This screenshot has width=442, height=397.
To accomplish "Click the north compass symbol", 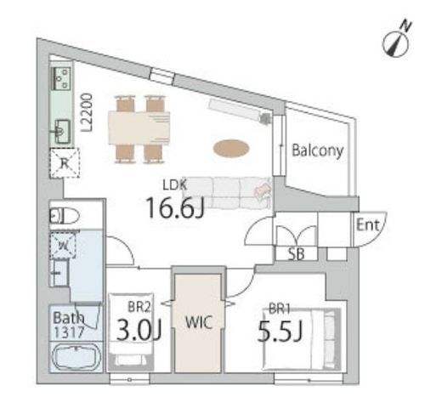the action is pos(396,43).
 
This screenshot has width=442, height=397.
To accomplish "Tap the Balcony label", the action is pos(317,150).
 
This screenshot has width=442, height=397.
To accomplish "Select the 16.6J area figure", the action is pos(175,207).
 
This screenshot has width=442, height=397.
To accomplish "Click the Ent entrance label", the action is pos(367,225).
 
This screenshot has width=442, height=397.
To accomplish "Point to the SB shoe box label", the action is pos(296,254).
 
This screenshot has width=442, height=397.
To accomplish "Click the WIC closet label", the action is pos(199,322).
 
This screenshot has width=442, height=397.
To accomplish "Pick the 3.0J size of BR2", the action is pos(139,330).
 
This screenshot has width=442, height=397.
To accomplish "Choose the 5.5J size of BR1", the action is pos(280,331).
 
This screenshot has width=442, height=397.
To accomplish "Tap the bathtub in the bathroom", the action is pos(76,358).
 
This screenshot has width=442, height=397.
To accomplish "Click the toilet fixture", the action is pos(64,217).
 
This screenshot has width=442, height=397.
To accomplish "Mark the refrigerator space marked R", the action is pos(65,163).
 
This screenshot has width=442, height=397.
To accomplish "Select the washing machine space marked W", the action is pos(63,246).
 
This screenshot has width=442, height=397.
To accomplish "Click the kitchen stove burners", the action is pos(60,78).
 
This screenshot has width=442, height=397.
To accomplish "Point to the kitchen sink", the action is pos(62,132).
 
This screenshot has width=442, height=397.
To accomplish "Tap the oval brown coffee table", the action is pos(231,148).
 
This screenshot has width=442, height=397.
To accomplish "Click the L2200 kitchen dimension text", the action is pos(87,113).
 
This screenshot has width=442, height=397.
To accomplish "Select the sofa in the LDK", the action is pos(227,193).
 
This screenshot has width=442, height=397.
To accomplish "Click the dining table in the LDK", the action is pos(139,129).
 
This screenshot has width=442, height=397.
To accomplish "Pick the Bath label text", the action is pos(69,318).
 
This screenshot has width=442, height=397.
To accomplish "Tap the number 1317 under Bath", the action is pos(69,332).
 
